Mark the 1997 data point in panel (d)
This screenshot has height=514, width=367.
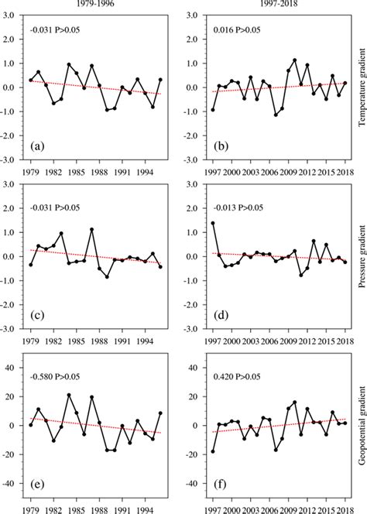[x=213, y=223]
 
